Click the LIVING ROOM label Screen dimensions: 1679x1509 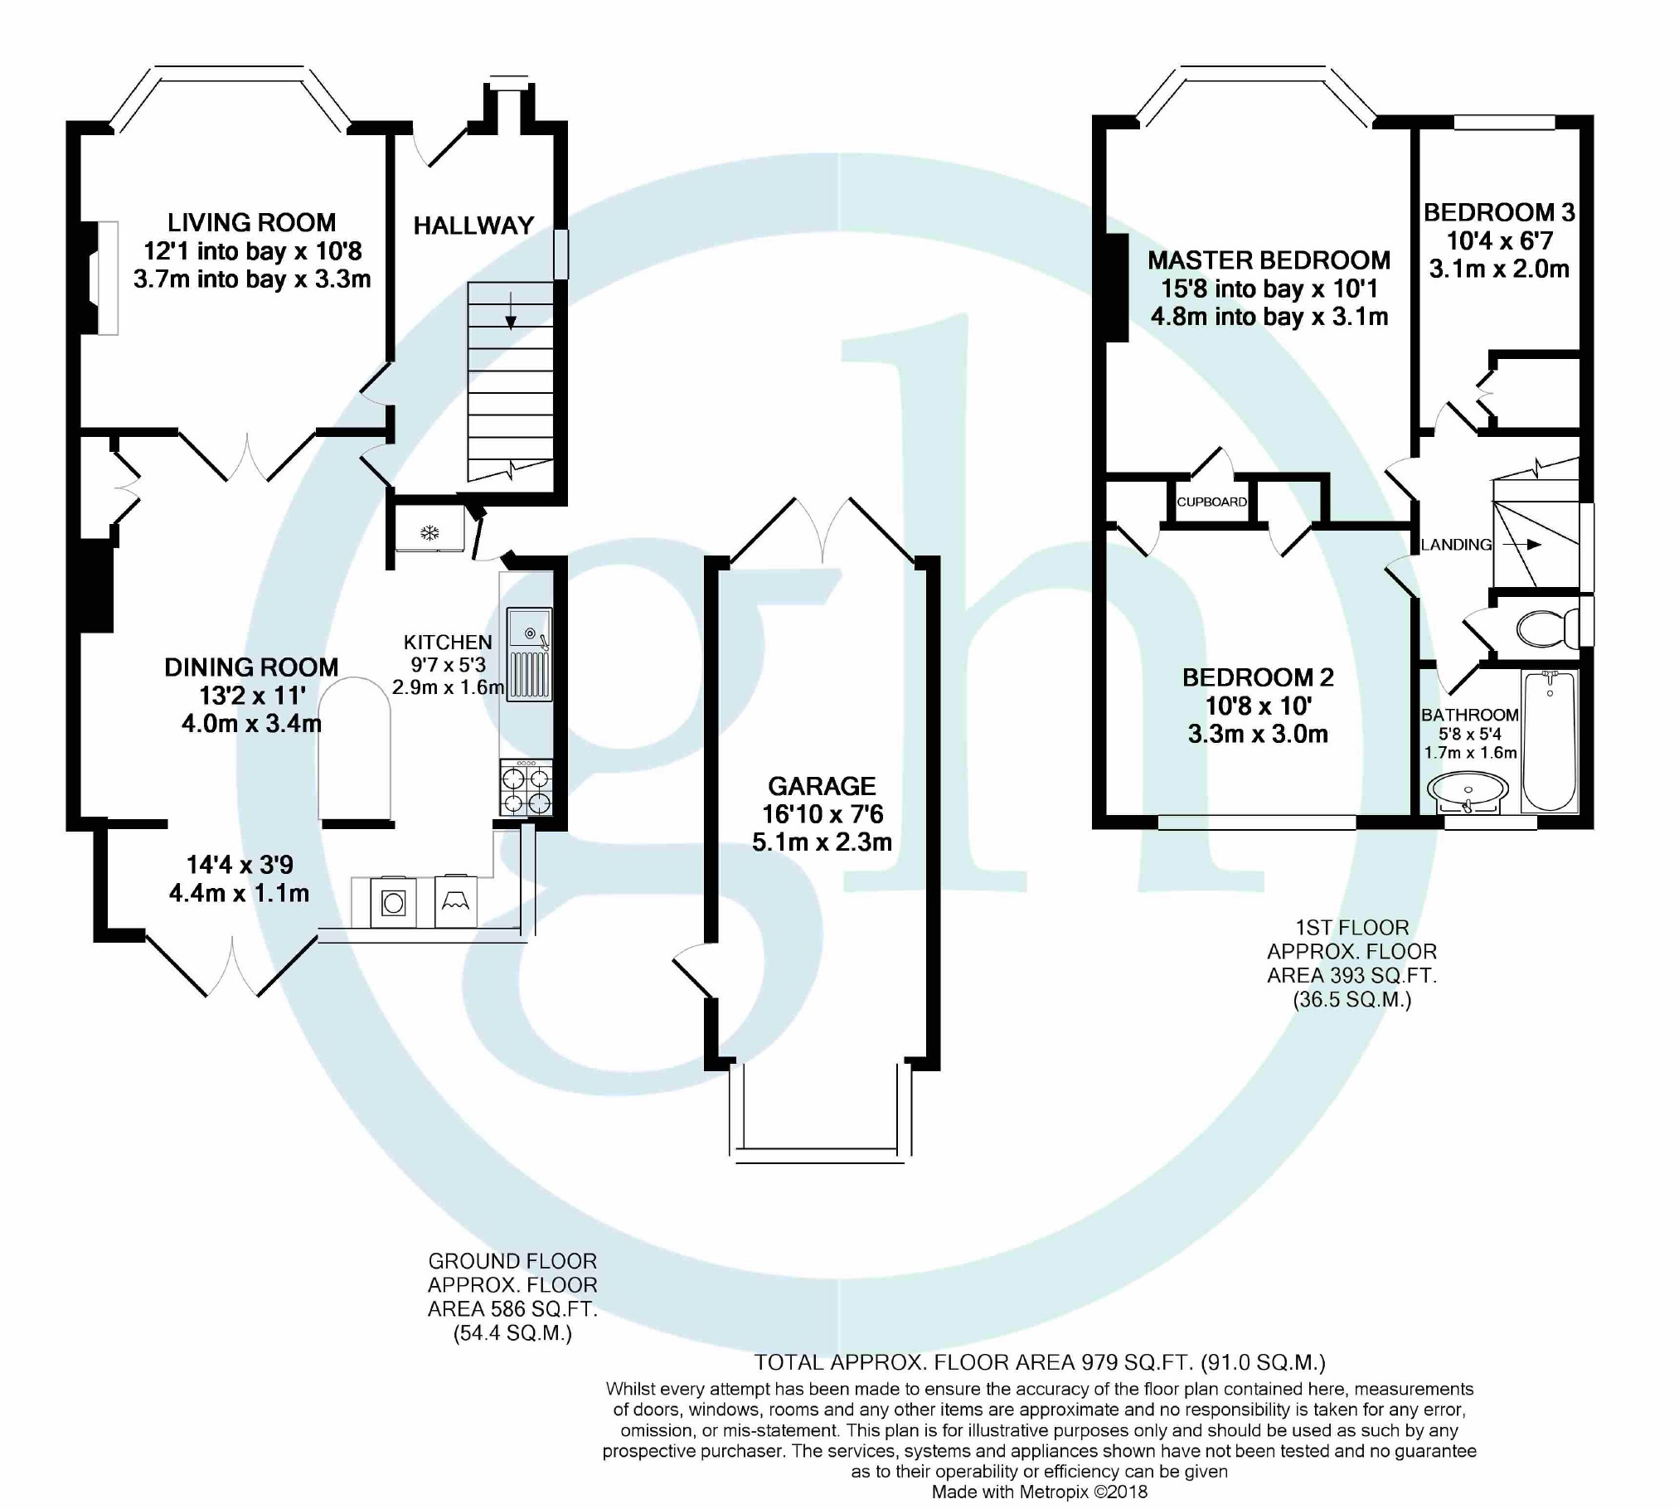pos(251,222)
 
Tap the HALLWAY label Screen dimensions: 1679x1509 pos(473,226)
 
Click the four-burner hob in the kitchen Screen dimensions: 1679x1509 pos(526,788)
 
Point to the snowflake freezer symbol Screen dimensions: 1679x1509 pos(429,533)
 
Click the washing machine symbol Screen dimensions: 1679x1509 pos(393,902)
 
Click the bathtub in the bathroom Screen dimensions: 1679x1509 pos(1549,741)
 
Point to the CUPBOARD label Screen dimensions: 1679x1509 pos(1211,502)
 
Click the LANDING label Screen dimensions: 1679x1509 pos(1456,545)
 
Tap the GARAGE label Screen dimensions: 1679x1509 pos(822,786)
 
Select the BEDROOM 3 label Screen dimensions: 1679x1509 pos(1499,212)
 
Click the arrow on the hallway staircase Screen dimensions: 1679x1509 pos(510,311)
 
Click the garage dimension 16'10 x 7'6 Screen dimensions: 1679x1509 pos(823,814)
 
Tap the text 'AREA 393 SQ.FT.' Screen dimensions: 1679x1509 pos(1351,975)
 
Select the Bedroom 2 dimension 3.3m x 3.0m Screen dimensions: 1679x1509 pos(1258,734)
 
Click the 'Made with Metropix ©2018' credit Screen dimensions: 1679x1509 pos(1040,1492)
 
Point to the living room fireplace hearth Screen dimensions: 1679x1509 pos(108,278)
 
